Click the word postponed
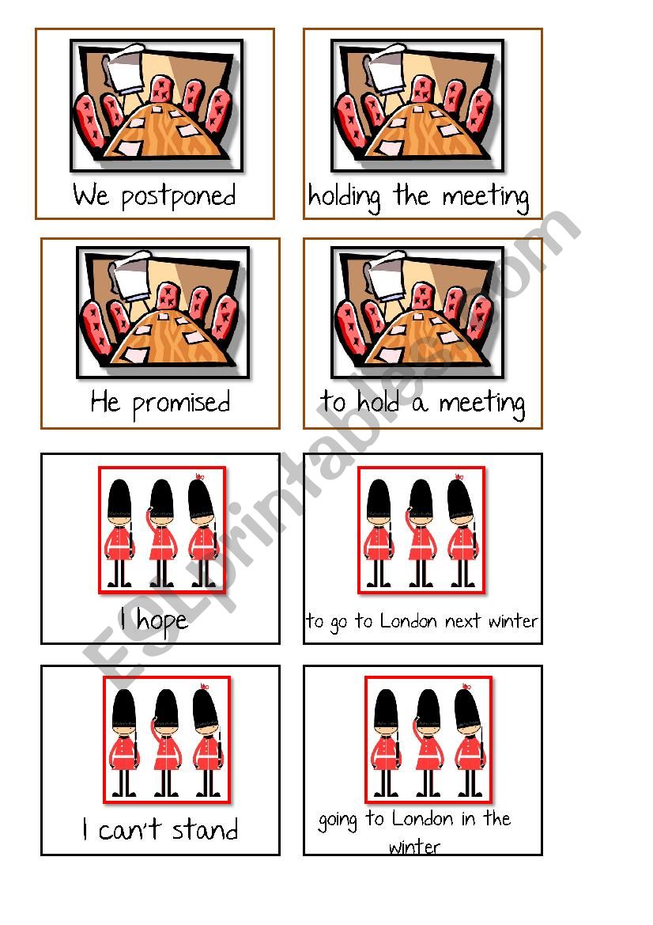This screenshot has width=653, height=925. click(x=179, y=197)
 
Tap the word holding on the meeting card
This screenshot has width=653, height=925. click(x=344, y=197)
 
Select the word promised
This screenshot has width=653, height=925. click(x=181, y=404)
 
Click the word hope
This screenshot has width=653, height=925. click(x=162, y=620)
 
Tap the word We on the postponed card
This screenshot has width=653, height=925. click(x=91, y=195)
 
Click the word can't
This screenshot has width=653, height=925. click(x=130, y=829)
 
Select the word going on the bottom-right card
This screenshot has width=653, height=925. click(x=338, y=821)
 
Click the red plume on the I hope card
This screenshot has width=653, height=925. click(x=199, y=476)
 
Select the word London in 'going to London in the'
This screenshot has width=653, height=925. click(x=423, y=819)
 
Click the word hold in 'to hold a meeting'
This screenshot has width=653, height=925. click(x=379, y=402)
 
